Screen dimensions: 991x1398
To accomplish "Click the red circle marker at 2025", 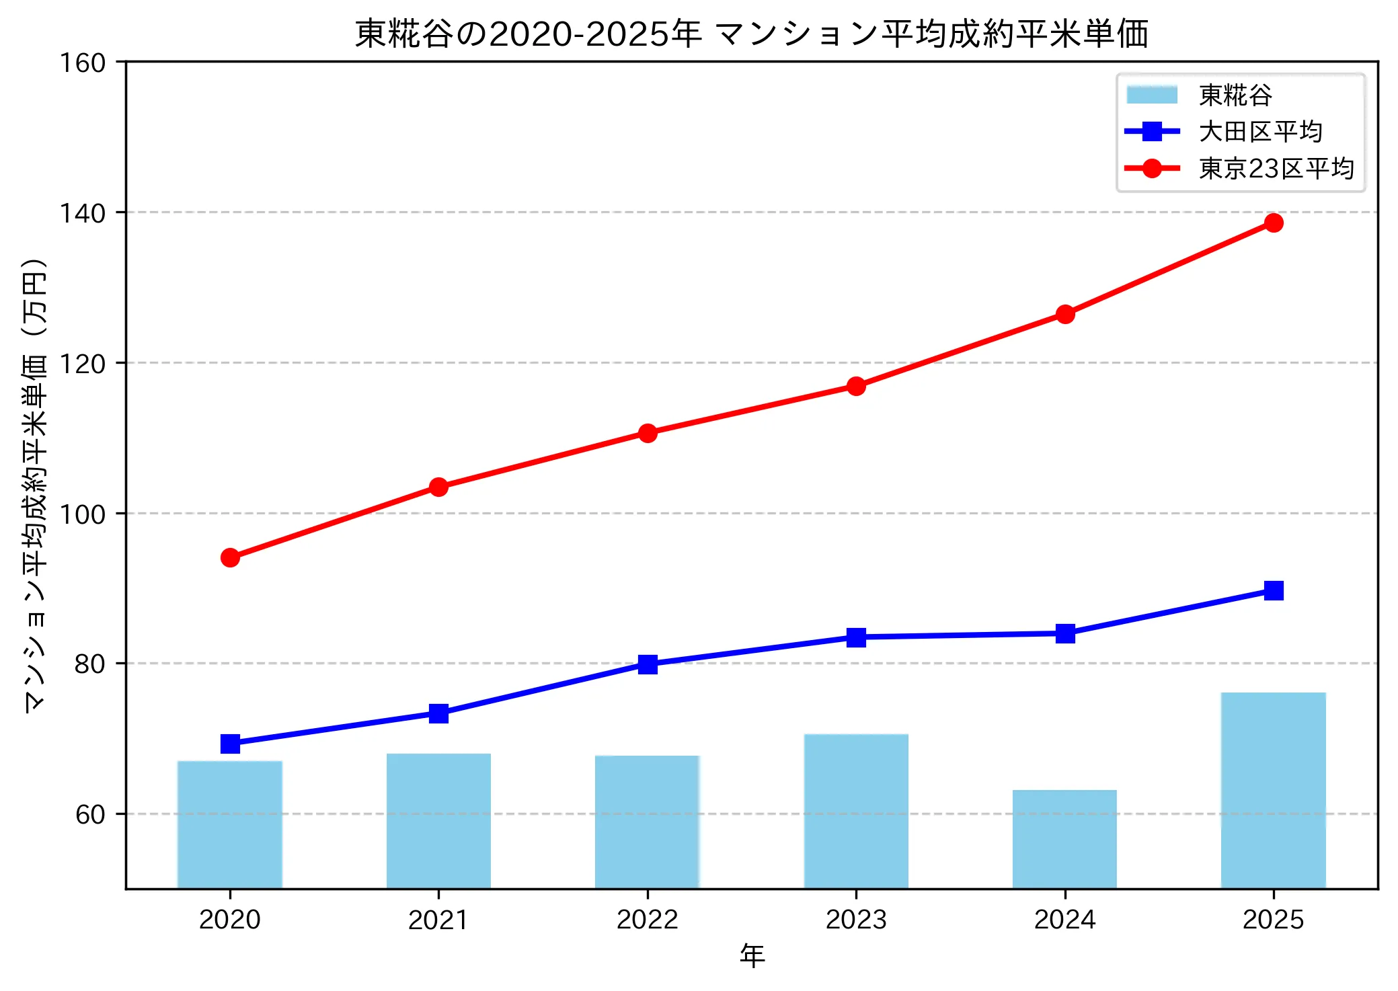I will [x=1273, y=223].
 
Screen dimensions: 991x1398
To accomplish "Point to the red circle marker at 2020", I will [x=230, y=557].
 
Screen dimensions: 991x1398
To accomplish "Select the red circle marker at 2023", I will [x=856, y=386].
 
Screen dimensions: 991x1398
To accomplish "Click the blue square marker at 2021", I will [x=438, y=713].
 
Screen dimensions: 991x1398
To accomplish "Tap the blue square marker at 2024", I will [x=1064, y=633].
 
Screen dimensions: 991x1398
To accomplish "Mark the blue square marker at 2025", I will [x=1273, y=590].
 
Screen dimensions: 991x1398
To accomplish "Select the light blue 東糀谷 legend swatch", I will [x=1152, y=95].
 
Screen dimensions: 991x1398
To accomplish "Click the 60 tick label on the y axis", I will [x=90, y=814].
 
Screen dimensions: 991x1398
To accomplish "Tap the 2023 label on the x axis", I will [x=856, y=919].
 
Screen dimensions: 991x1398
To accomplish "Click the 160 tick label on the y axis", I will [x=83, y=63].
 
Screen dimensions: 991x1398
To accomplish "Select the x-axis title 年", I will [x=752, y=955].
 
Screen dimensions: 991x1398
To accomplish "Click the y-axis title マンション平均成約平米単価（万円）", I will [x=35, y=484].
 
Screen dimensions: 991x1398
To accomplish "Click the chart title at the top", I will [x=751, y=34].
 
